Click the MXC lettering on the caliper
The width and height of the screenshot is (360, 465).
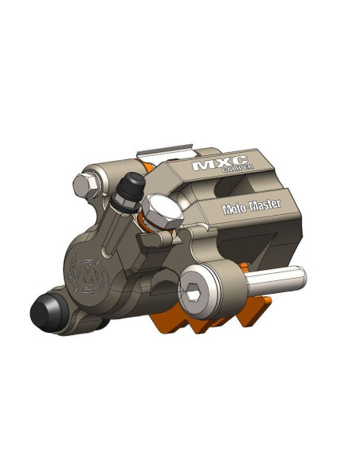[x=220, y=162]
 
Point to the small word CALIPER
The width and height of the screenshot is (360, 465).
[x=238, y=168]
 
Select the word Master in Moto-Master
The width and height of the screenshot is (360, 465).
[x=265, y=205]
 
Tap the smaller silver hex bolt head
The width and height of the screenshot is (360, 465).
[x=85, y=186]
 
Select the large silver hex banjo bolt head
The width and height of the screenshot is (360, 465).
[x=162, y=213]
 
